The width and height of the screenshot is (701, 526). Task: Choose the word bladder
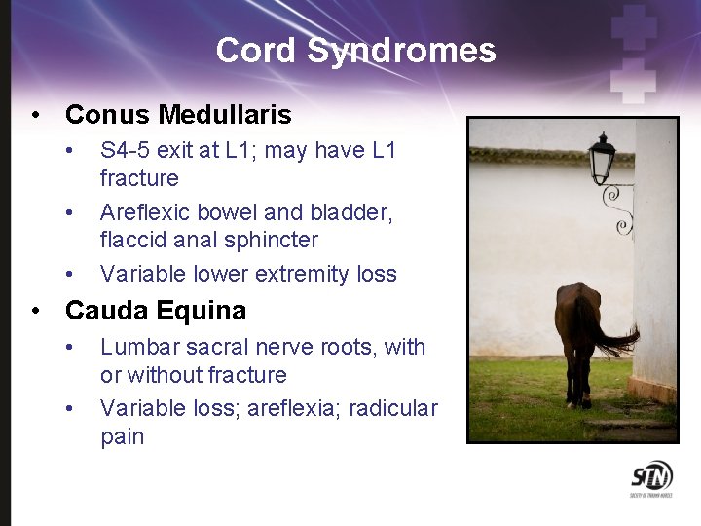(x=355, y=212)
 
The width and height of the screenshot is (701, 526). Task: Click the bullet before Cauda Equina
(x=36, y=312)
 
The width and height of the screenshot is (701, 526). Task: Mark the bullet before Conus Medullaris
(x=36, y=116)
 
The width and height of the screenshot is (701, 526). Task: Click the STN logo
(x=651, y=477)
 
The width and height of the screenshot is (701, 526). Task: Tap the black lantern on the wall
(x=602, y=156)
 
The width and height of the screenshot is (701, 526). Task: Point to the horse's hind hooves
(x=580, y=401)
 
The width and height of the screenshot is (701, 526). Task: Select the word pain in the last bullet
(x=122, y=436)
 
